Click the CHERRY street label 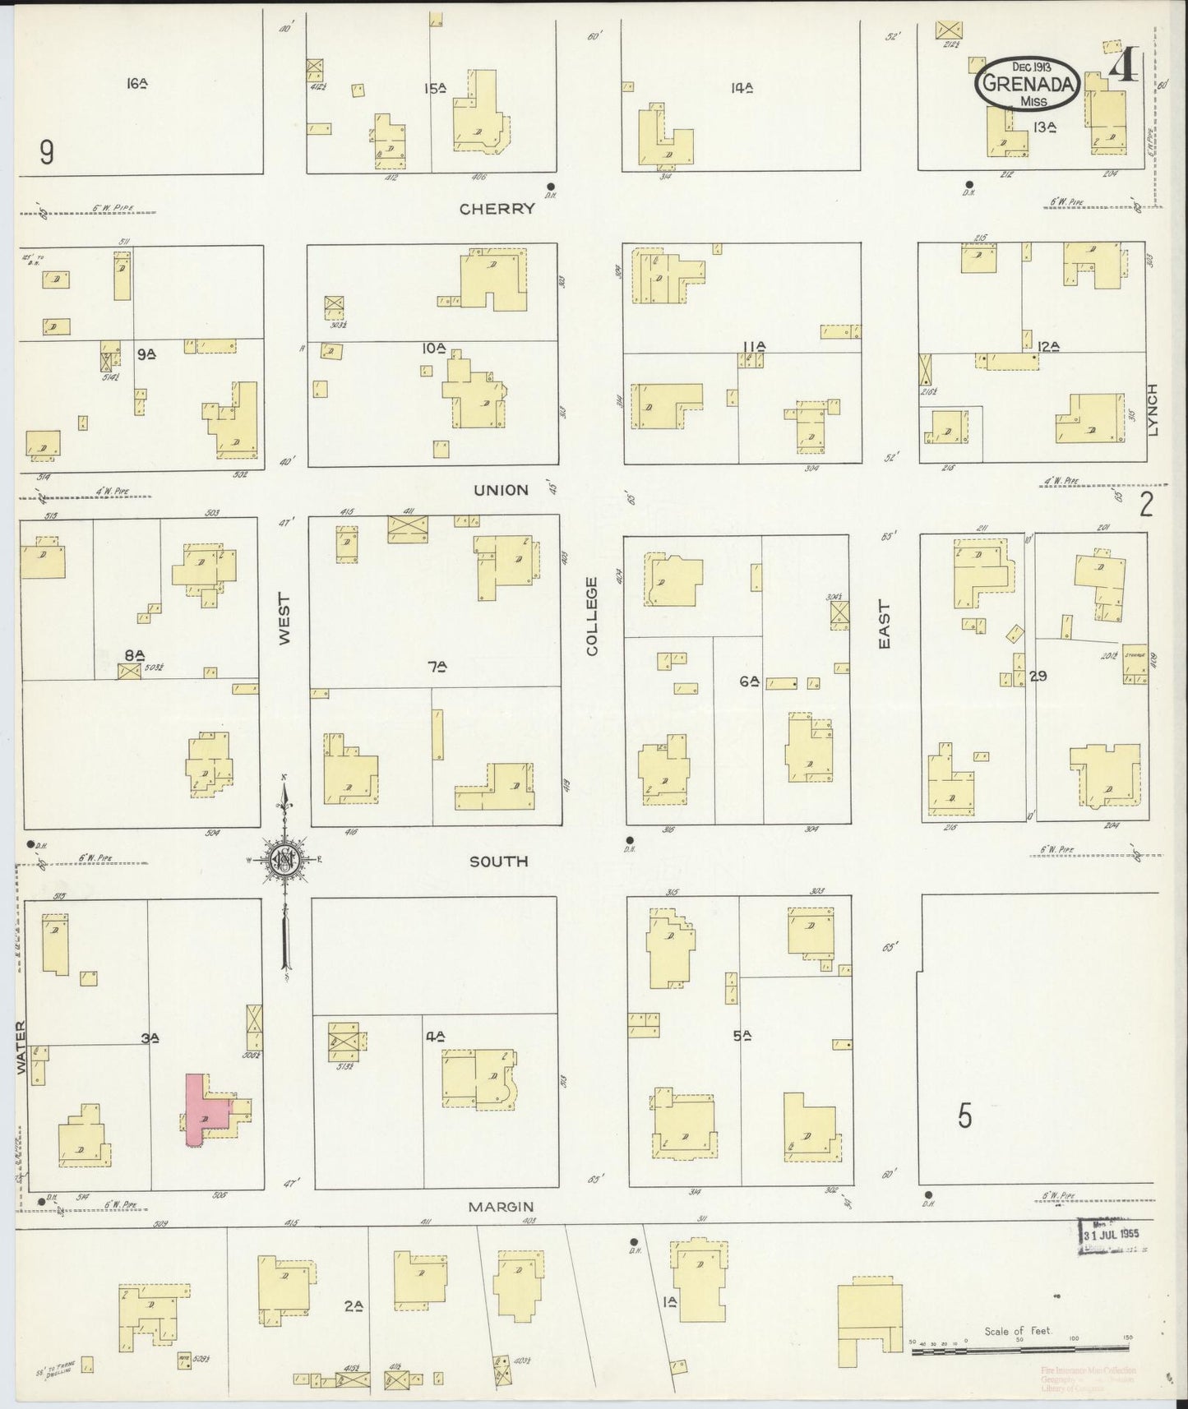click(x=497, y=209)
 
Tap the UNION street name click(x=501, y=490)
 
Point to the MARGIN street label click(x=501, y=1207)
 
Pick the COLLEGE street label click(x=592, y=616)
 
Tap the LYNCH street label click(x=1153, y=410)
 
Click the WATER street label click(x=20, y=1048)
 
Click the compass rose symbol click(x=284, y=860)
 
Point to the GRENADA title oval click(x=1028, y=84)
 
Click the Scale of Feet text click(x=1018, y=1330)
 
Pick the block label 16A click(x=136, y=83)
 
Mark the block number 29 click(x=1038, y=677)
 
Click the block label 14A click(x=742, y=87)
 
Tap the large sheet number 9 click(x=47, y=152)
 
